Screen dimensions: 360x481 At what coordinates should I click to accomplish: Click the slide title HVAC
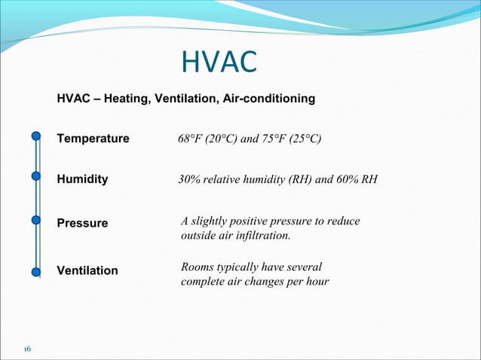tap(219, 63)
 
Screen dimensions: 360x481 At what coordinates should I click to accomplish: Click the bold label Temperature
tap(93, 139)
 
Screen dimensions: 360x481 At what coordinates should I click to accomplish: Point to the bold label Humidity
tap(82, 180)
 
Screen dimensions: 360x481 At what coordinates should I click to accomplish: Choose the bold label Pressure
tap(82, 224)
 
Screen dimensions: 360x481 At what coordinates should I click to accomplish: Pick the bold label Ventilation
tap(87, 270)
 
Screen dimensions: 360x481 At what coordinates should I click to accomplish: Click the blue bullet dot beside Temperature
tap(36, 136)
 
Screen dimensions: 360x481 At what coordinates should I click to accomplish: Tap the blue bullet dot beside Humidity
tap(36, 177)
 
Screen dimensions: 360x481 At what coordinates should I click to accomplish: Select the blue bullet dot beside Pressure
tap(36, 221)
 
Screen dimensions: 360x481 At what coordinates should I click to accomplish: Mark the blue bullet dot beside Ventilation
tap(36, 271)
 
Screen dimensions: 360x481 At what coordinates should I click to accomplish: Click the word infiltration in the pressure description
tap(263, 236)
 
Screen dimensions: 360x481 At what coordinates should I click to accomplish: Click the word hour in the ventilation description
tap(317, 283)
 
